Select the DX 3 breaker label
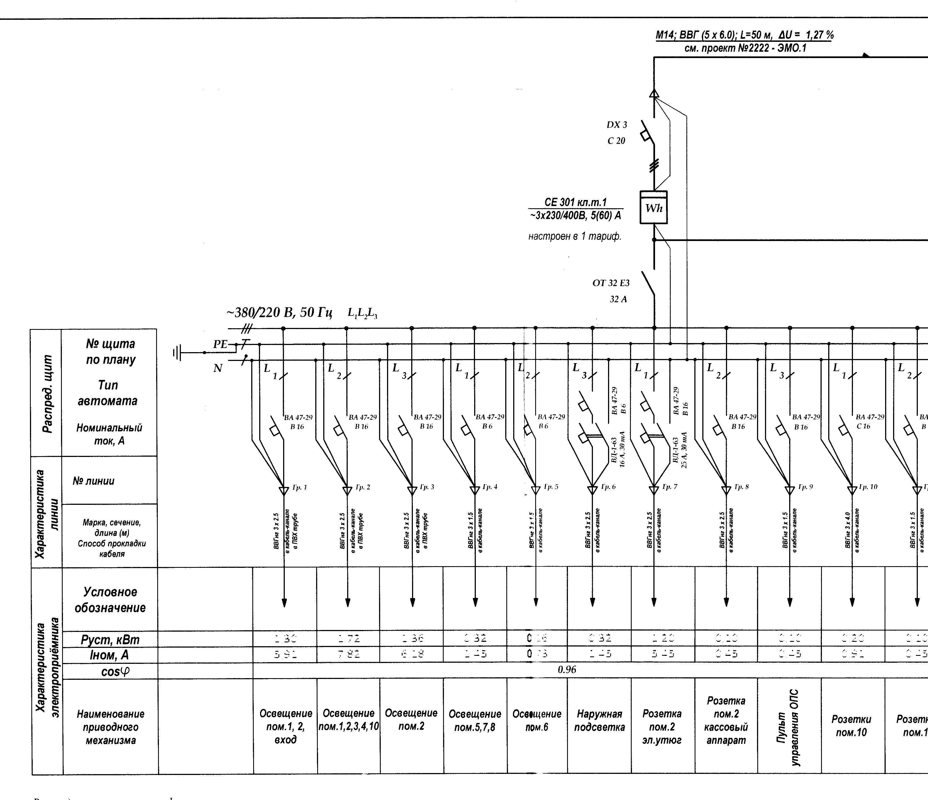tap(617, 125)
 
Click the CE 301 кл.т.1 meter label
tap(576, 202)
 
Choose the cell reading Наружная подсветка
tap(599, 720)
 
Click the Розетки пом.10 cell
tap(851, 726)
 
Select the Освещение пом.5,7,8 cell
tap(475, 720)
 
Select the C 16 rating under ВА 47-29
tap(863, 426)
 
